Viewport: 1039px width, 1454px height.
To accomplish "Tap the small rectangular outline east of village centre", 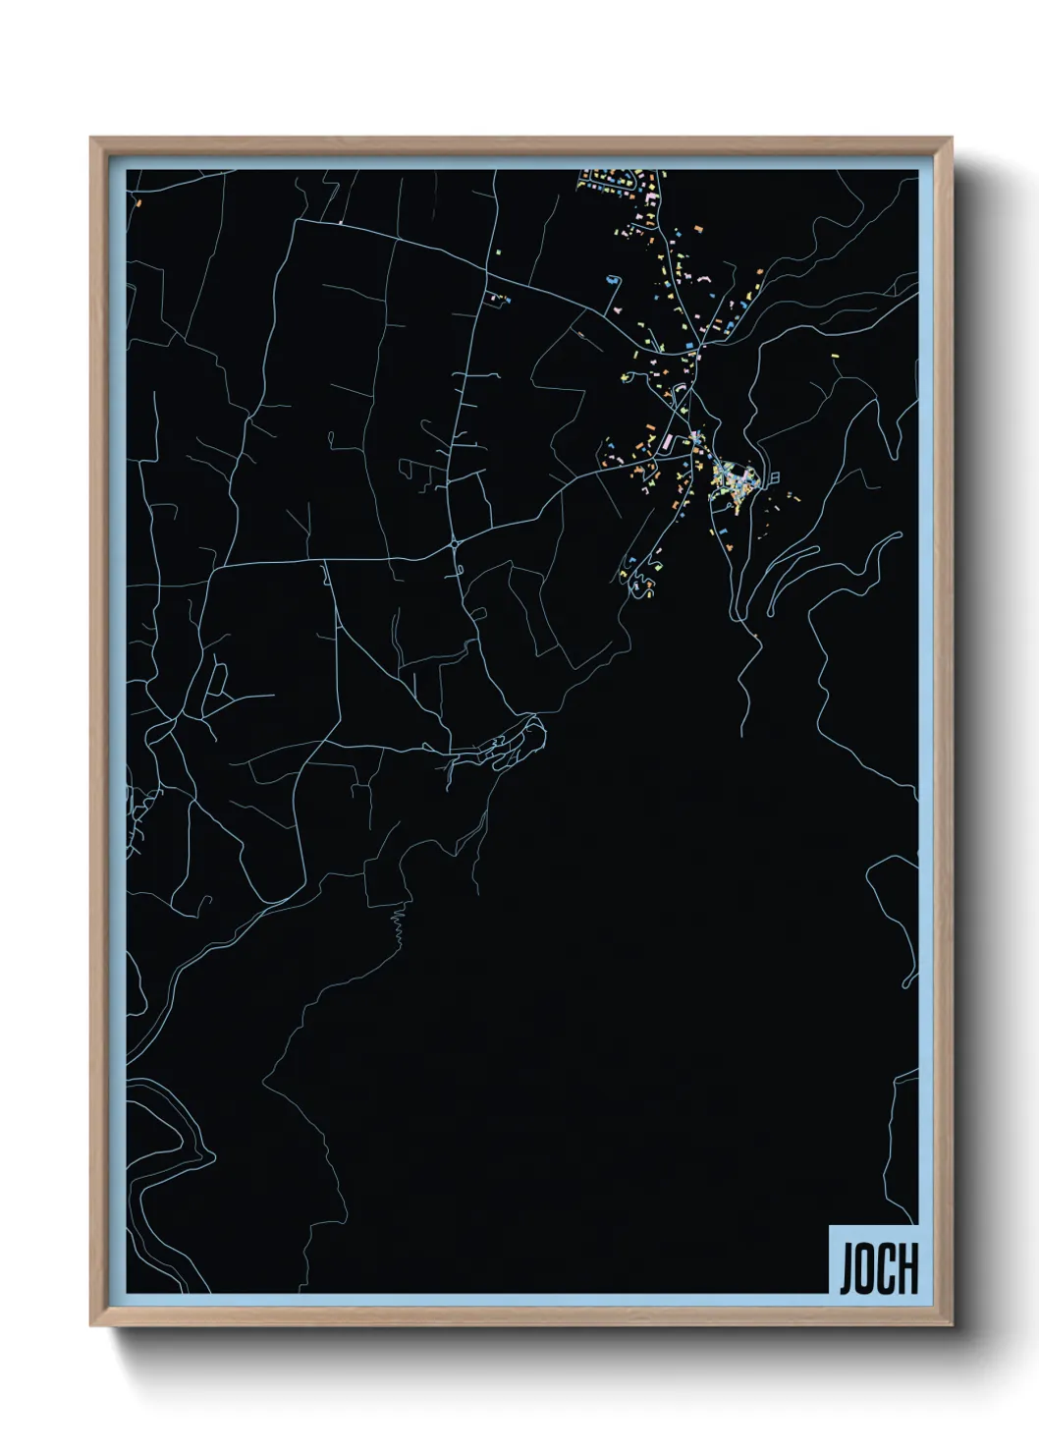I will point(775,477).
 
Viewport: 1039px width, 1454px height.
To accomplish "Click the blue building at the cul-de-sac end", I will point(613,279).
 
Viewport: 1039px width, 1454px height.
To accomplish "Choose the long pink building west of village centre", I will point(670,442).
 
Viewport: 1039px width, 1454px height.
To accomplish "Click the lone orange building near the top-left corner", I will point(139,203).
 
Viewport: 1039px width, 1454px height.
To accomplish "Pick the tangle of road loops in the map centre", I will point(511,743).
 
